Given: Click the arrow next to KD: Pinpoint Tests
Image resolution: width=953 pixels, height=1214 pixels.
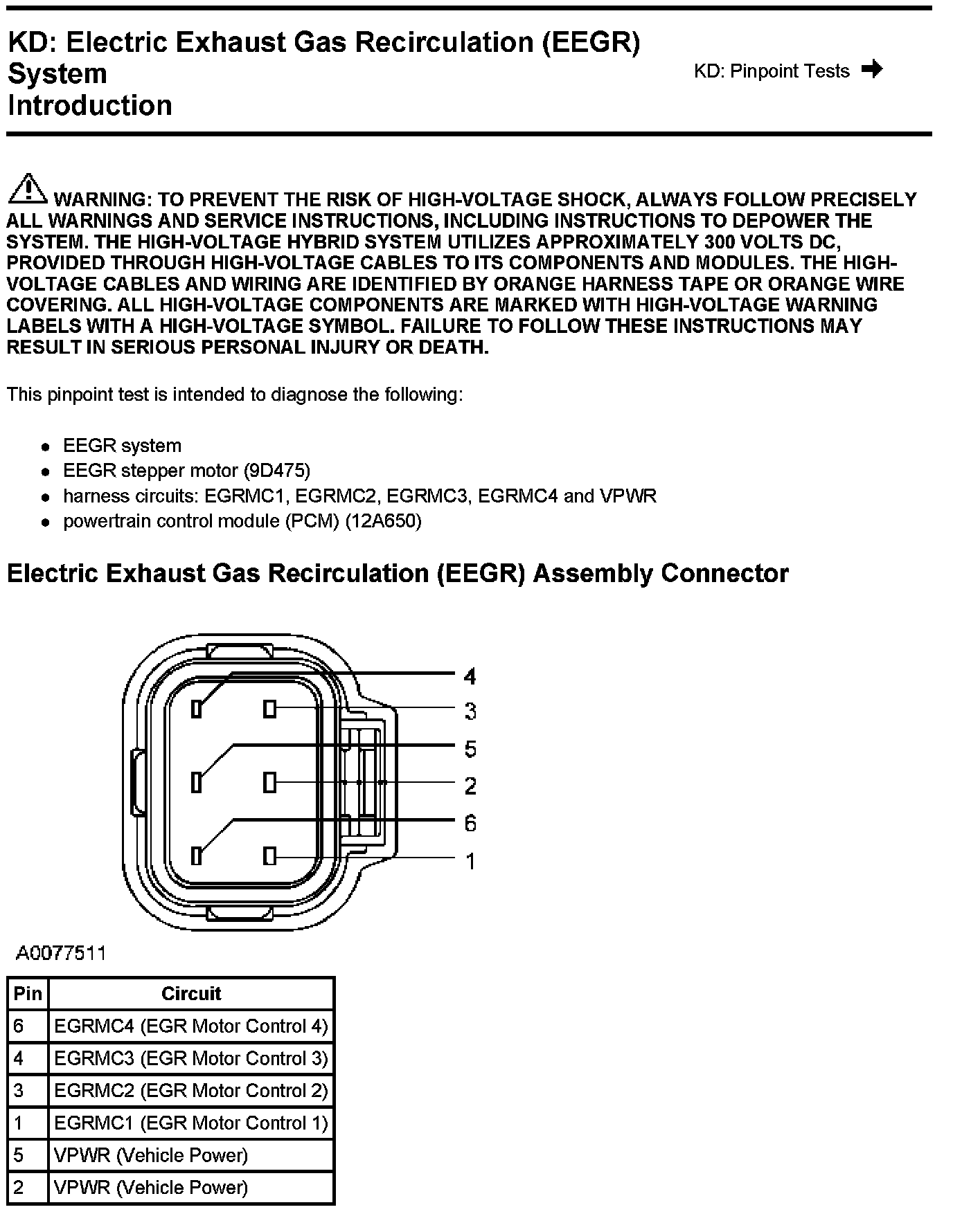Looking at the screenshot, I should pos(872,69).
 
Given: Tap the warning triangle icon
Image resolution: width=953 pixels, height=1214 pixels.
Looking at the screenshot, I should pos(27,189).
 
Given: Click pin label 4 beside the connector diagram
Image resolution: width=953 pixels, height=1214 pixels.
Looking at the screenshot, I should pos(470,676).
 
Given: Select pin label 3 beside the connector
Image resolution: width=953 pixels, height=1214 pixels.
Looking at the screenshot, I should pos(470,711).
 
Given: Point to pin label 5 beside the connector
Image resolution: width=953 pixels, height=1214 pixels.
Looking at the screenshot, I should pos(470,749).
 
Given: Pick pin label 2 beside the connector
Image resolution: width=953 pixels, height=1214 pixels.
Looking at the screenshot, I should pos(470,786).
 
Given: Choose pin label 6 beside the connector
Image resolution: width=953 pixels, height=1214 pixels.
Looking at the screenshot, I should pos(470,823).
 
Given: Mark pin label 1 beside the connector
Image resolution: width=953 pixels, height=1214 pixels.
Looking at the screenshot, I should pos(470,861).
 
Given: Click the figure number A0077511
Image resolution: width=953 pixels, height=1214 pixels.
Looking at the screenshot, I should pos(61,953).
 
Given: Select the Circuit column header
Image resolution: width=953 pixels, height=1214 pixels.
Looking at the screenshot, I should pos(191,994).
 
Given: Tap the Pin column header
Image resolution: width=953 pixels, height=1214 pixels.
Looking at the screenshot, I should pos(28,994).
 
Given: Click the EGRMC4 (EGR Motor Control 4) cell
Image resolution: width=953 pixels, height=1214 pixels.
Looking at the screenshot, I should pos(191,1026).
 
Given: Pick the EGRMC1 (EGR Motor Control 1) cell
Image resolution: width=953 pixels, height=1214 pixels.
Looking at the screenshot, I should pos(191,1123).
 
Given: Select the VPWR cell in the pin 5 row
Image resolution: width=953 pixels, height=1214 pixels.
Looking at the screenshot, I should pos(151,1155).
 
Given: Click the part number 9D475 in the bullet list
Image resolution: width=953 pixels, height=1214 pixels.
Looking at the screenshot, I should pos(276,471).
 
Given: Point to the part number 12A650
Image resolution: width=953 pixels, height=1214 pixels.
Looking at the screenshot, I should pos(383,520).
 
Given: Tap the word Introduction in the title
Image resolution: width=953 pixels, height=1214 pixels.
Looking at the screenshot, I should pos(90,106).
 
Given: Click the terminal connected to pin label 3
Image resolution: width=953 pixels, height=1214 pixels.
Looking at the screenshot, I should pos(270,709).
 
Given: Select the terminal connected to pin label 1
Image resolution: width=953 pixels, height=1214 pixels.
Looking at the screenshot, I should pos(270,856).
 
